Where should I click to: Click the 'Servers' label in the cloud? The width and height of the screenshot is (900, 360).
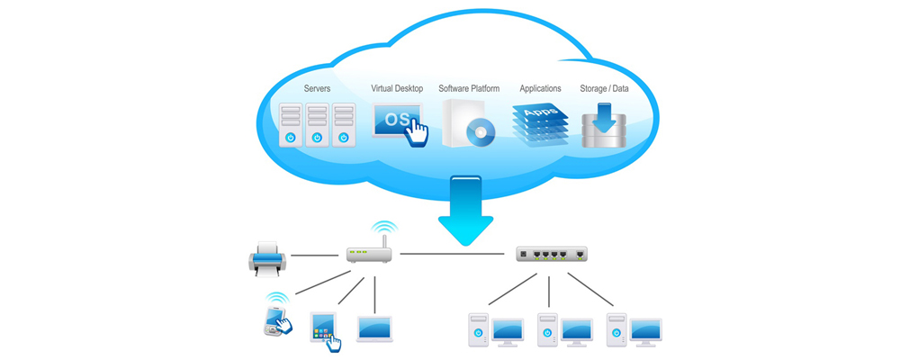pyautogui.click(x=317, y=89)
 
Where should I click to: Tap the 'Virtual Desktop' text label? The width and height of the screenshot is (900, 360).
pyautogui.click(x=397, y=89)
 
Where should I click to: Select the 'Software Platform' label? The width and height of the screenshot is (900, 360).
pyautogui.click(x=470, y=89)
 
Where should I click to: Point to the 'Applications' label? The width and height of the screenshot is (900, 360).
pyautogui.click(x=540, y=89)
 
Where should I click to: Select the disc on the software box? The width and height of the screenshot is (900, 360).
pyautogui.click(x=481, y=133)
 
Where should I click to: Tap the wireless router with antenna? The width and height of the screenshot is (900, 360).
pyautogui.click(x=370, y=254)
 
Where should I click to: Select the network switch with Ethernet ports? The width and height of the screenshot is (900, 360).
pyautogui.click(x=551, y=254)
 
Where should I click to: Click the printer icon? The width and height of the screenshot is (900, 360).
pyautogui.click(x=267, y=258)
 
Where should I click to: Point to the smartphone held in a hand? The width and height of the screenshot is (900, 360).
pyautogui.click(x=275, y=319)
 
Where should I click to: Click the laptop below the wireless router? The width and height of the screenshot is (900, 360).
pyautogui.click(x=374, y=328)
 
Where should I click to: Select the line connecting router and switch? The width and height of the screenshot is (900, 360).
pyautogui.click(x=454, y=255)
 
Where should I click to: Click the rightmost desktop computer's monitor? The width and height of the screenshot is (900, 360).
pyautogui.click(x=645, y=329)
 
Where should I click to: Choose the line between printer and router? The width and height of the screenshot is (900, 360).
pyautogui.click(x=314, y=255)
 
